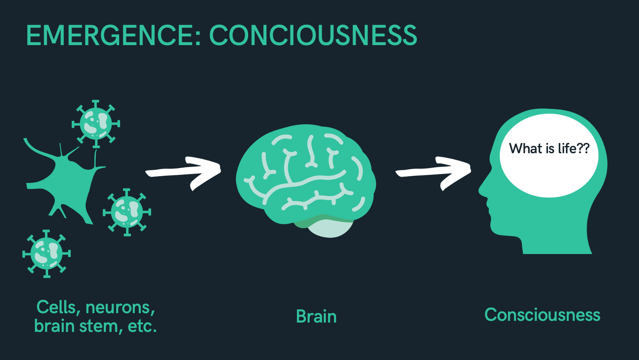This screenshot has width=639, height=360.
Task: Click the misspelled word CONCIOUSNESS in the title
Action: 313,35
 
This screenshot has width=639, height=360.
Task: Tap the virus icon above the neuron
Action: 96,124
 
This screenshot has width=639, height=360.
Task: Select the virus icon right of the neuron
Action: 127,212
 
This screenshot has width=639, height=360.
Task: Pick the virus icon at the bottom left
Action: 46,254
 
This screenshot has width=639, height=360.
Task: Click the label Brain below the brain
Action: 316,317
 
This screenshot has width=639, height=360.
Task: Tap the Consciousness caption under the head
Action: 542,315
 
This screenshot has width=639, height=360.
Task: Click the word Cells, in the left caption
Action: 59,307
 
